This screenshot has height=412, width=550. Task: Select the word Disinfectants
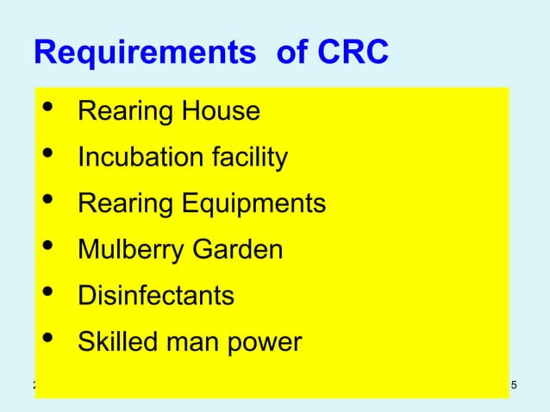(x=156, y=296)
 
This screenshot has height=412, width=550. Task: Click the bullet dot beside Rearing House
(x=47, y=109)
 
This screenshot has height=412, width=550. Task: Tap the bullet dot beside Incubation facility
(x=47, y=156)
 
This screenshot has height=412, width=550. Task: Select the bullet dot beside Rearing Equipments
(x=47, y=202)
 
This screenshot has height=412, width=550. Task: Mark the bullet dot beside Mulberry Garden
(x=47, y=247)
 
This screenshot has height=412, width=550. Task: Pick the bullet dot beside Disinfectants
(x=47, y=294)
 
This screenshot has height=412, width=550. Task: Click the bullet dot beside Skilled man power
(x=47, y=340)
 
